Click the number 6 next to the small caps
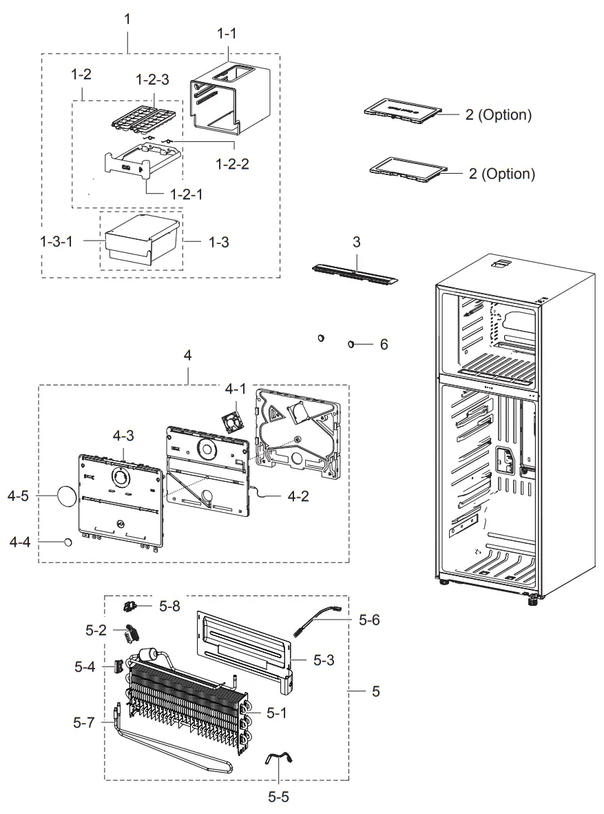tap(384, 343)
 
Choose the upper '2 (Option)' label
tap(498, 115)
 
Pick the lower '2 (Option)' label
tap(501, 174)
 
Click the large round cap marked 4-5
tap(67, 496)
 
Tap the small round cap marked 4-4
tap(69, 542)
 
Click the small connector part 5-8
tap(131, 606)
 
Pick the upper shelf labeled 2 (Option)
tap(403, 110)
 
